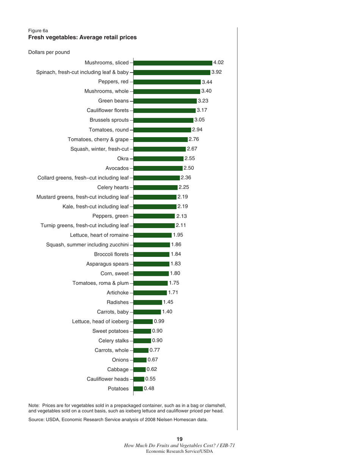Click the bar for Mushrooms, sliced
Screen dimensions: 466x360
pyautogui.click(x=173, y=63)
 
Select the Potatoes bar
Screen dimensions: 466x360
pyautogui.click(x=138, y=388)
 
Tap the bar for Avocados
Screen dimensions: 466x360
pyautogui.click(x=158, y=168)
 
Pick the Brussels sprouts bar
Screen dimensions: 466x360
pyautogui.click(x=163, y=120)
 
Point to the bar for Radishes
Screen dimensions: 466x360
pyautogui.click(x=147, y=302)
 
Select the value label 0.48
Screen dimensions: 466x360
pyautogui.click(x=149, y=388)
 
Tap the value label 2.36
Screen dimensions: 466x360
pyautogui.click(x=186, y=177)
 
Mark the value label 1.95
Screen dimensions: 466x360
pyautogui.click(x=178, y=235)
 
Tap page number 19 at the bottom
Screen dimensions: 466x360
pyautogui.click(x=180, y=439)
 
